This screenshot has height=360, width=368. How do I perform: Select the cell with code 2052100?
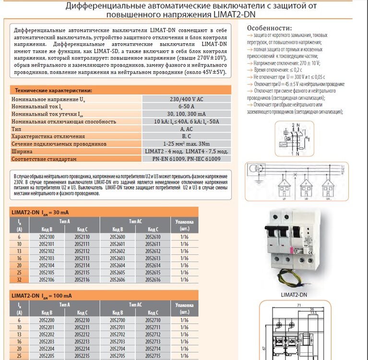click(46, 237)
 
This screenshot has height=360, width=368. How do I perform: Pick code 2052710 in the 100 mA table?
click(153, 320)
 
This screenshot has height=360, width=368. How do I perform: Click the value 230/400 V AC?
click(186, 99)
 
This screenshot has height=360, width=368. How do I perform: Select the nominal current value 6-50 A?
click(186, 107)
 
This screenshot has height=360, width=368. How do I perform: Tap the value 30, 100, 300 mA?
click(186, 114)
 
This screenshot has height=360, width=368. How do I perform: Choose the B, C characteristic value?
click(186, 136)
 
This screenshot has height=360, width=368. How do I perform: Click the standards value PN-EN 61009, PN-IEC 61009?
click(186, 159)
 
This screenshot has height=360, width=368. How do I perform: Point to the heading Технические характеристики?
click(53, 90)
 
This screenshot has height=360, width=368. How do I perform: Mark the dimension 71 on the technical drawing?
click(298, 305)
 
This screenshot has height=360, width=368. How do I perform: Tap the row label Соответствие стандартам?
click(44, 159)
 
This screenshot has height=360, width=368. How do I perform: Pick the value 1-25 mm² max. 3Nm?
click(186, 144)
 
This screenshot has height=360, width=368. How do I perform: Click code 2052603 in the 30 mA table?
click(118, 258)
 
